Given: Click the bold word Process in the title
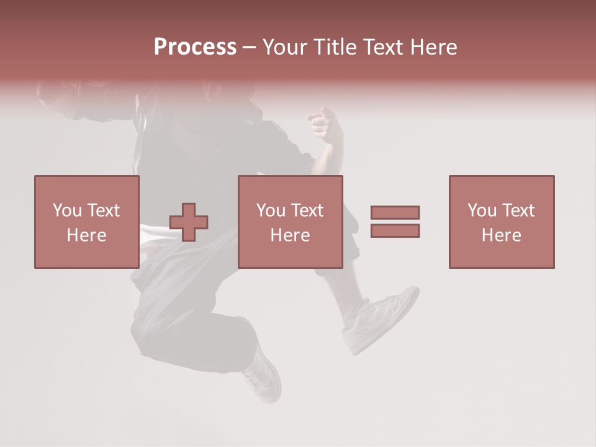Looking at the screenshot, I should click(x=195, y=47).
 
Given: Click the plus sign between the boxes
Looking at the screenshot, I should click(x=189, y=222).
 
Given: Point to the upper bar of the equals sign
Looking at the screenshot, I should click(x=395, y=212).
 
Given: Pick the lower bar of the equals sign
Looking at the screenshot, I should click(x=395, y=230).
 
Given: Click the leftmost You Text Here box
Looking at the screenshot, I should click(x=87, y=222).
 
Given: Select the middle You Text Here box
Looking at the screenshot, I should click(x=291, y=222).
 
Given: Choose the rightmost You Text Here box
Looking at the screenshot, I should click(x=502, y=222).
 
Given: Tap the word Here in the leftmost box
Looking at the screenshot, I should click(x=87, y=235).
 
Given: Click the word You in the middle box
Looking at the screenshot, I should click(x=271, y=210).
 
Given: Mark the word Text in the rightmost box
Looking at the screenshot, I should click(x=518, y=210).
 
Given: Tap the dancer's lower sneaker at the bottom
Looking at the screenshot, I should click(x=263, y=377).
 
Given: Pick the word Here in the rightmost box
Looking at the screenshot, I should click(x=502, y=235).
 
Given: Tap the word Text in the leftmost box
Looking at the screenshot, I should click(x=103, y=210).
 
